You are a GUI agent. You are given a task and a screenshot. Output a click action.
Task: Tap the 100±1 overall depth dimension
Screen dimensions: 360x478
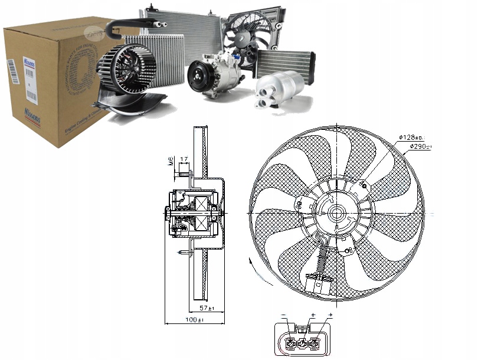coord(192,320)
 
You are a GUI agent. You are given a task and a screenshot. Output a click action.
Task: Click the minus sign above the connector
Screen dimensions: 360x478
coord(284,315)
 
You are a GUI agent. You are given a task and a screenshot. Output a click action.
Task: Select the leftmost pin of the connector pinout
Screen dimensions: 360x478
coord(289,342)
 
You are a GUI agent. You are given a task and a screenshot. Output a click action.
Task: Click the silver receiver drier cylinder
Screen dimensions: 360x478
coord(276,91)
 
